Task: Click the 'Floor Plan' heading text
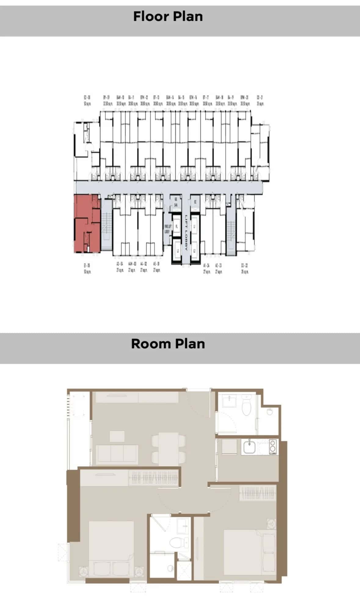click(168, 16)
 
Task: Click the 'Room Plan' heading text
click(168, 344)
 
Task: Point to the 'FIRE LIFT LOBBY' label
click(168, 229)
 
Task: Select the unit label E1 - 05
click(87, 268)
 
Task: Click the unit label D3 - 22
click(245, 268)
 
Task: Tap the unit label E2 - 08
click(87, 100)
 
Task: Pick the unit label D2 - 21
click(260, 100)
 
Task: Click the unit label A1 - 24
click(207, 268)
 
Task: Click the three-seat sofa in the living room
click(117, 454)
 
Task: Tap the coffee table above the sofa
click(117, 436)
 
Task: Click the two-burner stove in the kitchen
click(273, 447)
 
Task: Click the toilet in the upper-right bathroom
click(246, 406)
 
